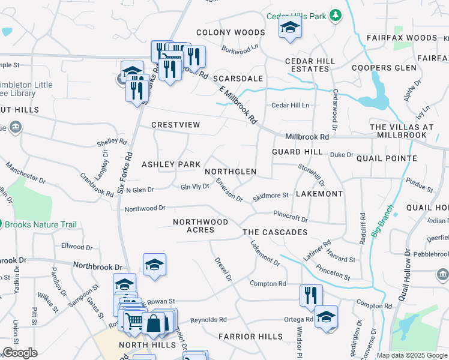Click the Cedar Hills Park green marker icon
click(337, 16)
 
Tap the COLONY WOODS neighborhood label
click(231, 32)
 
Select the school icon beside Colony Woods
click(290, 28)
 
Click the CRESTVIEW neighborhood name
click(175, 125)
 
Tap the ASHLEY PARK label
click(170, 164)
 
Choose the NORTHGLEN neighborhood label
click(231, 172)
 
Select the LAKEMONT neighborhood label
click(319, 194)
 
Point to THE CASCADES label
click(275, 232)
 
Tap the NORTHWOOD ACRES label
click(200, 226)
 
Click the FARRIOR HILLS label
click(250, 337)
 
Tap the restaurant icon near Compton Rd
click(311, 295)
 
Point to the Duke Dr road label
click(342, 155)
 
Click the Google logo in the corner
click(20, 353)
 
